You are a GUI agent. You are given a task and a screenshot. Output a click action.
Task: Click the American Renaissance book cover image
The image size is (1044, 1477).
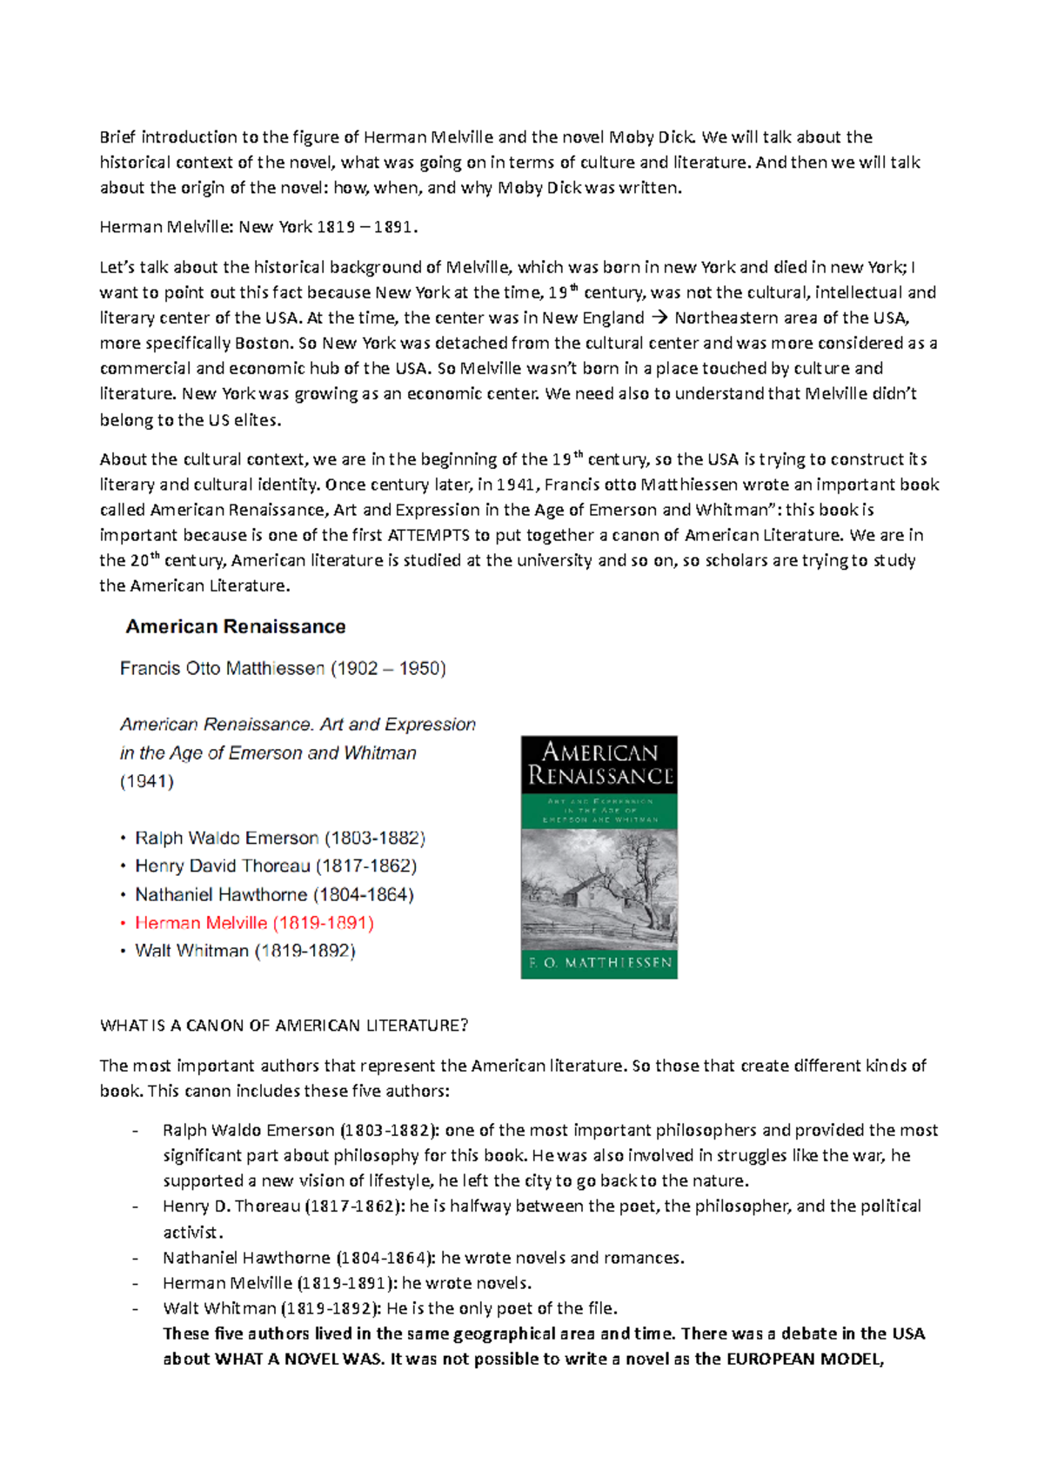pyautogui.click(x=599, y=857)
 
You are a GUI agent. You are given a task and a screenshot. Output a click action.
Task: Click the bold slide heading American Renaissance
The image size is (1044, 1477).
pyautogui.click(x=235, y=626)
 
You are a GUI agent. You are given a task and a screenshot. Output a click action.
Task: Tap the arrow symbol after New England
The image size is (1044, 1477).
pyautogui.click(x=659, y=318)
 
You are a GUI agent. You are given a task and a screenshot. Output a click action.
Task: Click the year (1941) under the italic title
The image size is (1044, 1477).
pyautogui.click(x=146, y=781)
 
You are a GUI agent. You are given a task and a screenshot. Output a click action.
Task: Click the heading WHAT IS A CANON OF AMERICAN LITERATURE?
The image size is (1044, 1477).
pyautogui.click(x=284, y=1026)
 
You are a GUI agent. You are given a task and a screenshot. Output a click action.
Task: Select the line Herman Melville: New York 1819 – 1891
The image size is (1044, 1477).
pyautogui.click(x=258, y=227)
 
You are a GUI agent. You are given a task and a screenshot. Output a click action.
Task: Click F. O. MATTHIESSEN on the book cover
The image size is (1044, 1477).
pyautogui.click(x=599, y=963)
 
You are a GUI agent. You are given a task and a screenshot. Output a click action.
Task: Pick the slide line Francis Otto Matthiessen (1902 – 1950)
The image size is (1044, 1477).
pyautogui.click(x=283, y=668)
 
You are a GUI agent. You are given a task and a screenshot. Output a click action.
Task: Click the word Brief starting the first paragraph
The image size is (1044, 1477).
pyautogui.click(x=118, y=137)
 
